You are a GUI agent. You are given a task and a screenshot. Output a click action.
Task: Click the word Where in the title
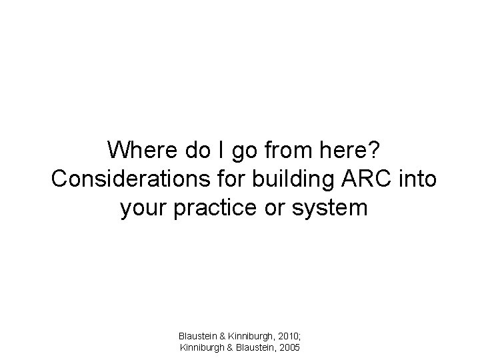tap(141, 150)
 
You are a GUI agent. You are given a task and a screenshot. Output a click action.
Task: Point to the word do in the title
tap(198, 150)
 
